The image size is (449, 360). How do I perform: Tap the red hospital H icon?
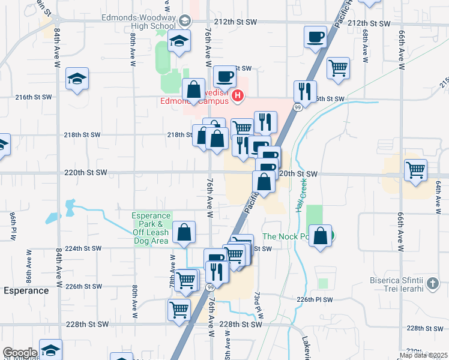(x=238, y=95)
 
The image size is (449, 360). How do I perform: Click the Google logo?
(x=20, y=353)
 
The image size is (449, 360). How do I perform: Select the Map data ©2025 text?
(x=423, y=355)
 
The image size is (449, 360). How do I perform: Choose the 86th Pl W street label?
(x=12, y=224)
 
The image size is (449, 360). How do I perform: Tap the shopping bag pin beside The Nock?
(x=321, y=235)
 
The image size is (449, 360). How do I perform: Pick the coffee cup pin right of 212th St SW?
(x=315, y=38)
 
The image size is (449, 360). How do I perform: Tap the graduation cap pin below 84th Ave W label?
(x=77, y=80)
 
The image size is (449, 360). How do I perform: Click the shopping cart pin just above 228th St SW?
(x=179, y=310)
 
